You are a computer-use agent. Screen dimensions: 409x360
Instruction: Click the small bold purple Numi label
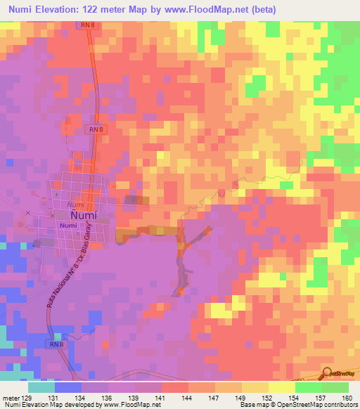click(67, 225)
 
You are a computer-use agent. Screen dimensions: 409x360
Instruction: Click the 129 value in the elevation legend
click(28, 397)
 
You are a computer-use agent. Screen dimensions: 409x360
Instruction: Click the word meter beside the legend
click(11, 397)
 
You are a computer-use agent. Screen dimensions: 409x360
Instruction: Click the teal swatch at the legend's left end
click(41, 387)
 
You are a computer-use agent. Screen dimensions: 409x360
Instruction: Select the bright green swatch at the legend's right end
click(335, 387)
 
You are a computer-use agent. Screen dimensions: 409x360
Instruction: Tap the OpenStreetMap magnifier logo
click(328, 372)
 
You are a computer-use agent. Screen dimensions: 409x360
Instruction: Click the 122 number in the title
click(105, 10)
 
